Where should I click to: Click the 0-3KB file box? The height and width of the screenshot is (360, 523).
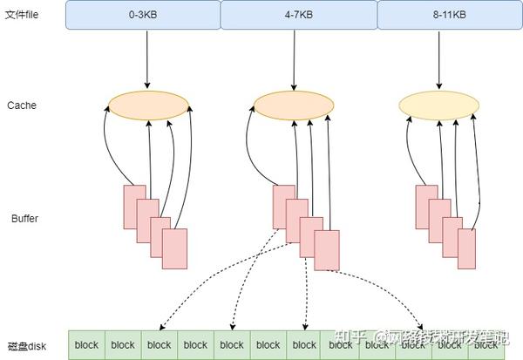(x=143, y=15)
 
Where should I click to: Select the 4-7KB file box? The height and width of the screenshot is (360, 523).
(x=298, y=15)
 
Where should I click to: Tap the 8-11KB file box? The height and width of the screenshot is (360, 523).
(x=448, y=15)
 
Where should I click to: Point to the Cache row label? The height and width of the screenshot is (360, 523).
(x=22, y=105)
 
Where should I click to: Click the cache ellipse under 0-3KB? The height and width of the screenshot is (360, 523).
(x=149, y=106)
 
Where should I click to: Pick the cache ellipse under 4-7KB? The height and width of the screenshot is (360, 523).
(x=295, y=106)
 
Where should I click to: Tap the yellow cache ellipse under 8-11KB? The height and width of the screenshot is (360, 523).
(x=439, y=106)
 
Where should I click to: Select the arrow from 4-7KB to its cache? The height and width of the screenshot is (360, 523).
(x=295, y=61)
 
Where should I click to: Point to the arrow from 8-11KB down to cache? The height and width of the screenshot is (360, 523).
(x=439, y=61)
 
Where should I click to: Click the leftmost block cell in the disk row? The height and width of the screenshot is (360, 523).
(x=86, y=345)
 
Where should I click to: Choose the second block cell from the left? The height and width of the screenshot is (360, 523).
(x=123, y=345)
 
